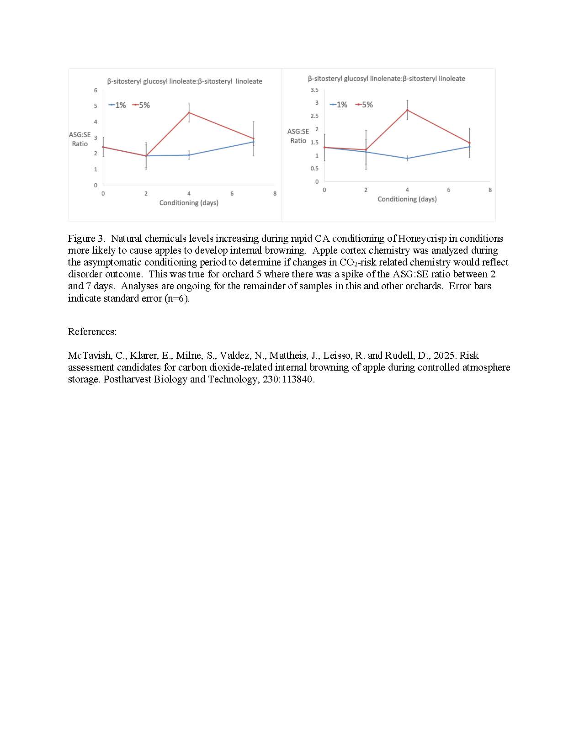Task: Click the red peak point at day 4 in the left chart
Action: coord(189,112)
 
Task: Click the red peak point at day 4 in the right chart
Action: coord(407,110)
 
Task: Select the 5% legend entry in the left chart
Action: coord(141,105)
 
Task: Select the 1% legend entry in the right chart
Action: coord(339,105)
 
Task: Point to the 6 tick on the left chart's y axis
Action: coord(96,90)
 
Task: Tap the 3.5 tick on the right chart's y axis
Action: coord(314,90)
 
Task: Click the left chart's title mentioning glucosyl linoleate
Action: coord(185,81)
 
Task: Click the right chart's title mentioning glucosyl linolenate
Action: coord(386,79)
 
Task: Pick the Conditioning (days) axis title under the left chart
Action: coord(189,202)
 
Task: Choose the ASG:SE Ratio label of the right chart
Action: coord(298,136)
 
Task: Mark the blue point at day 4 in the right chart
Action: coord(407,158)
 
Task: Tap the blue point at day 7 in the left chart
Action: coord(254,142)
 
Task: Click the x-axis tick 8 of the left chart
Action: coord(275,193)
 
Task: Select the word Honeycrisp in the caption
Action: coord(427,239)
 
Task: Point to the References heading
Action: coord(92,332)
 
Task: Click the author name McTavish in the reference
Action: coord(90,356)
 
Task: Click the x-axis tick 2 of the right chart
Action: coord(366,190)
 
